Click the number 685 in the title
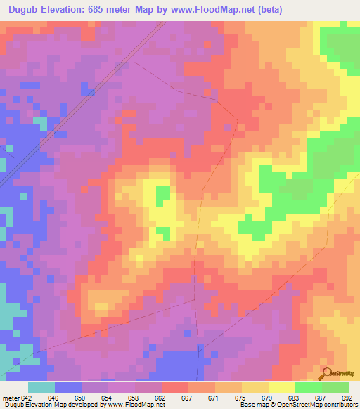coord(111,10)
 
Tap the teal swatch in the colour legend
coord(41,388)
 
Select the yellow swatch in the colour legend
coord(282,388)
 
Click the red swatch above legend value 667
coord(175,388)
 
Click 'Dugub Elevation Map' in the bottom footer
coord(35,404)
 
